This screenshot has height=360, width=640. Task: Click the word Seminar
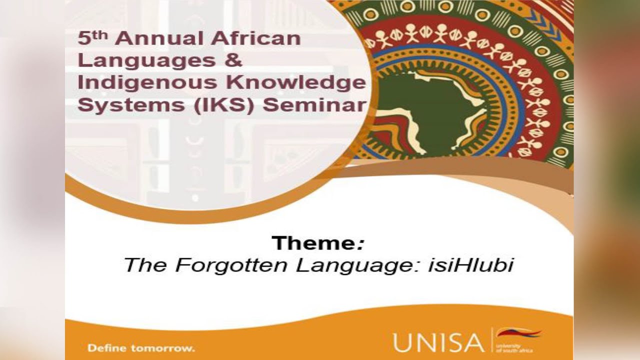tap(314, 105)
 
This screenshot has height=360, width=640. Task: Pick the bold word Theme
tap(313, 243)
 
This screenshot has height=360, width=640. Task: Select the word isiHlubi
tap(471, 265)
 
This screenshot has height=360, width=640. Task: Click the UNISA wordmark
tap(438, 342)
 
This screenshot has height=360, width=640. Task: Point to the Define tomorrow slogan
tap(141, 348)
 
